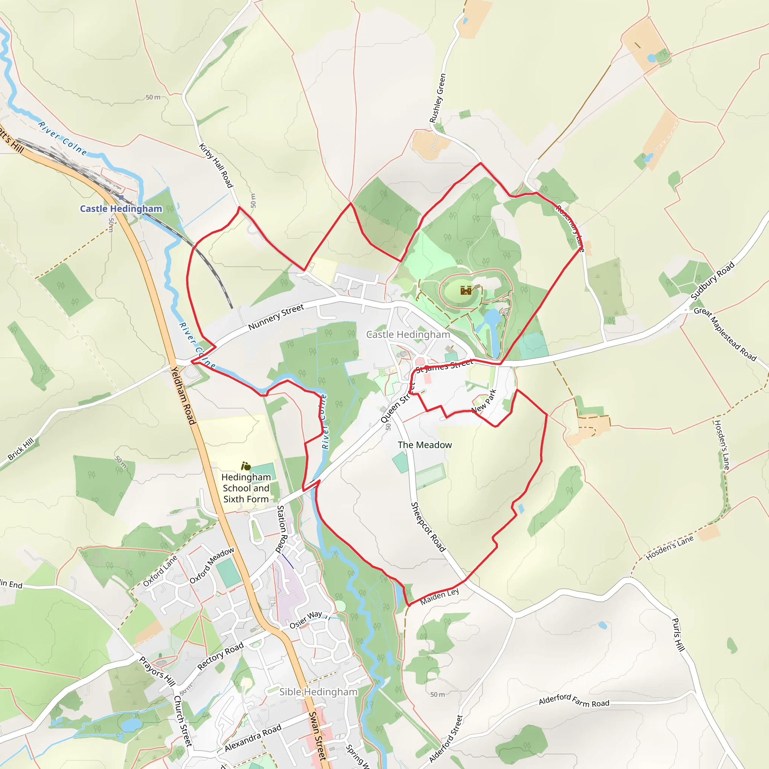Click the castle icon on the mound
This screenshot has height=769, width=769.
click(x=466, y=290)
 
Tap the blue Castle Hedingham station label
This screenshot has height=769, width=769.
click(x=121, y=208)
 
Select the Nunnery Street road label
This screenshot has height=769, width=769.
click(x=276, y=317)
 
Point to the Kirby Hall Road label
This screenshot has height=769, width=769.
click(x=216, y=165)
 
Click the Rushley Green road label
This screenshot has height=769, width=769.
click(x=437, y=98)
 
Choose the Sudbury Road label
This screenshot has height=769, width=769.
click(x=712, y=280)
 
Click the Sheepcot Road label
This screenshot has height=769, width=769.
click(x=428, y=526)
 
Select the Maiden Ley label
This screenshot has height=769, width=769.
click(x=439, y=596)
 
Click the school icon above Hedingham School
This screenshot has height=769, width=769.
click(x=246, y=466)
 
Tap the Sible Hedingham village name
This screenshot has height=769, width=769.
click(x=318, y=692)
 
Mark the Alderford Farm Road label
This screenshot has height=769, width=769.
click(x=574, y=700)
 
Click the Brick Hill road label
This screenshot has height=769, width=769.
click(x=21, y=449)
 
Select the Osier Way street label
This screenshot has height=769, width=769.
click(x=306, y=620)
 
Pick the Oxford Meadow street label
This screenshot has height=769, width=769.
click(x=212, y=565)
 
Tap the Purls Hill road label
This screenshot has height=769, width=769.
click(x=678, y=635)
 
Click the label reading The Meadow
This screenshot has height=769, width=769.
click(x=425, y=445)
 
